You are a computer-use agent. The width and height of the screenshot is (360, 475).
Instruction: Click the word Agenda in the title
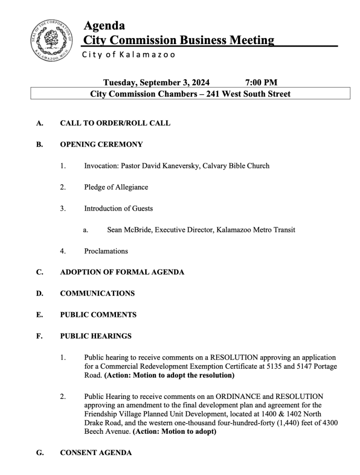pos(104,26)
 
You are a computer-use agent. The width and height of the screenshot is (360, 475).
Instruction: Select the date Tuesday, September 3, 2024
pos(156,83)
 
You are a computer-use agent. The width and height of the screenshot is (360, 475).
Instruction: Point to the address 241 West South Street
pos(252,94)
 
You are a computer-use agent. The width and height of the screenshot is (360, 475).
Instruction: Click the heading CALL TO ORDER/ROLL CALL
pos(115,123)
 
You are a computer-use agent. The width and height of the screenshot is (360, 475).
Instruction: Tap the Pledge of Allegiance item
pos(116,187)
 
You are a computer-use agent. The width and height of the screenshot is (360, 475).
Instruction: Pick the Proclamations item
pos(106,251)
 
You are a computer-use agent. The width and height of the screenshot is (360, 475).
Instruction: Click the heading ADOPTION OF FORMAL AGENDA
pos(122,272)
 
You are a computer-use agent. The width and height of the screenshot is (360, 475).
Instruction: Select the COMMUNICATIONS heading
pos(97,294)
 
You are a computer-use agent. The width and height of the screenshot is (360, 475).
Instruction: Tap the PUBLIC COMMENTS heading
pos(98,315)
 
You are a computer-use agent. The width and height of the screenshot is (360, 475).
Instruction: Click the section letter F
pos(39,336)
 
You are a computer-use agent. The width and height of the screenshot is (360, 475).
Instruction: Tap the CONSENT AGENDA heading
pos(96,453)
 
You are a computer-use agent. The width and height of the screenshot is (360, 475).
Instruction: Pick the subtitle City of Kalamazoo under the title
pos(129,55)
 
